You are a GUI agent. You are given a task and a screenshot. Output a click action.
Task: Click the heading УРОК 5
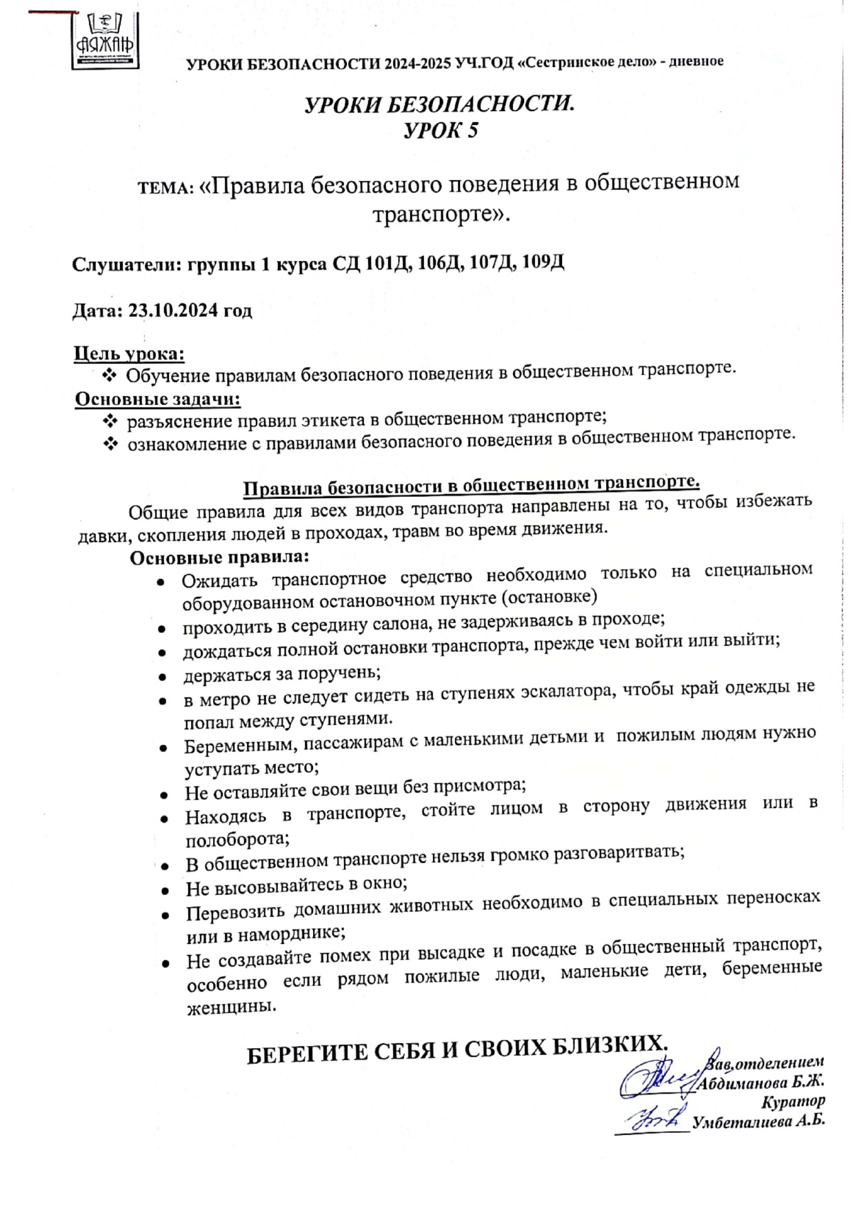(x=440, y=130)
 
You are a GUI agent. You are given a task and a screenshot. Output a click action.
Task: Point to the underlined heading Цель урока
(x=129, y=354)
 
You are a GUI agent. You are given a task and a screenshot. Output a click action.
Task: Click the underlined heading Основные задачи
(x=157, y=400)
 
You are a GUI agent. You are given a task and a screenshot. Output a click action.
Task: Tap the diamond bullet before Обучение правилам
(x=110, y=376)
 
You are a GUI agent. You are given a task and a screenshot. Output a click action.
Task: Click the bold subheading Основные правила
(x=219, y=558)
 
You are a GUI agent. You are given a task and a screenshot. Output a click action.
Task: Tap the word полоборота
(x=237, y=840)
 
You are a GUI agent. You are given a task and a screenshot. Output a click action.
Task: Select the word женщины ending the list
(x=231, y=1007)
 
